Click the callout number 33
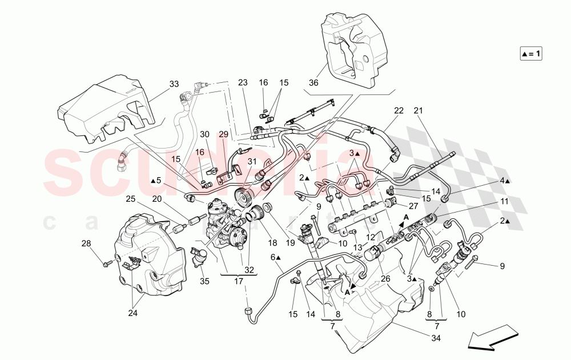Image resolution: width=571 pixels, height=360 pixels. (174, 83)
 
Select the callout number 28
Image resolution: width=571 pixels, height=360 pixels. (86, 244)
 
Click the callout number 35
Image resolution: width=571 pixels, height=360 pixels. (203, 281)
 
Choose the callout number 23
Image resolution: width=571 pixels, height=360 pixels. (243, 82)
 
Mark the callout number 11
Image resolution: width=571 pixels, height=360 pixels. (504, 202)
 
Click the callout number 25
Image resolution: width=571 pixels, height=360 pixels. (130, 199)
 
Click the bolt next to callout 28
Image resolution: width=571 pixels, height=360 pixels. (107, 264)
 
